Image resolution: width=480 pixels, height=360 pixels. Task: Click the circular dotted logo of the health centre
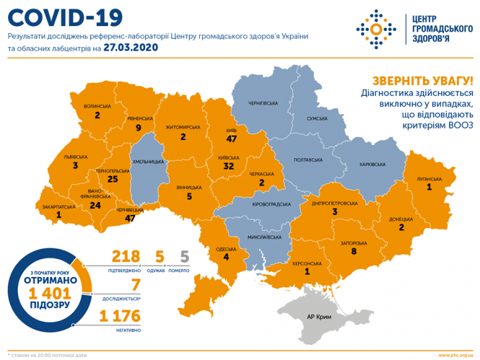[375, 30]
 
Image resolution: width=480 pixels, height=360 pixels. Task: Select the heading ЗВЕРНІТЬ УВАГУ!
[422, 80]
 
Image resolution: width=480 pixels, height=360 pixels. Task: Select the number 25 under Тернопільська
[111, 178]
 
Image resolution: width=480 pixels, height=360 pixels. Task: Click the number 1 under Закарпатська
[58, 214]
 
